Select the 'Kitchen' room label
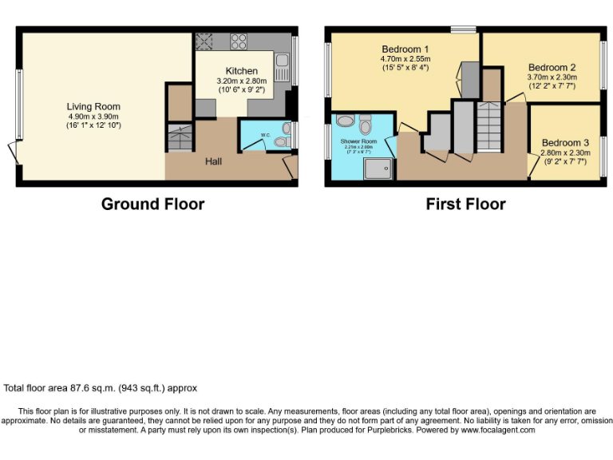241,71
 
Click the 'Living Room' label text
93,106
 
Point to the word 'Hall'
214,162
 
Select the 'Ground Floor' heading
152,204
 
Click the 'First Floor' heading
465,204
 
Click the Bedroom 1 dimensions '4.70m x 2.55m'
405,58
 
